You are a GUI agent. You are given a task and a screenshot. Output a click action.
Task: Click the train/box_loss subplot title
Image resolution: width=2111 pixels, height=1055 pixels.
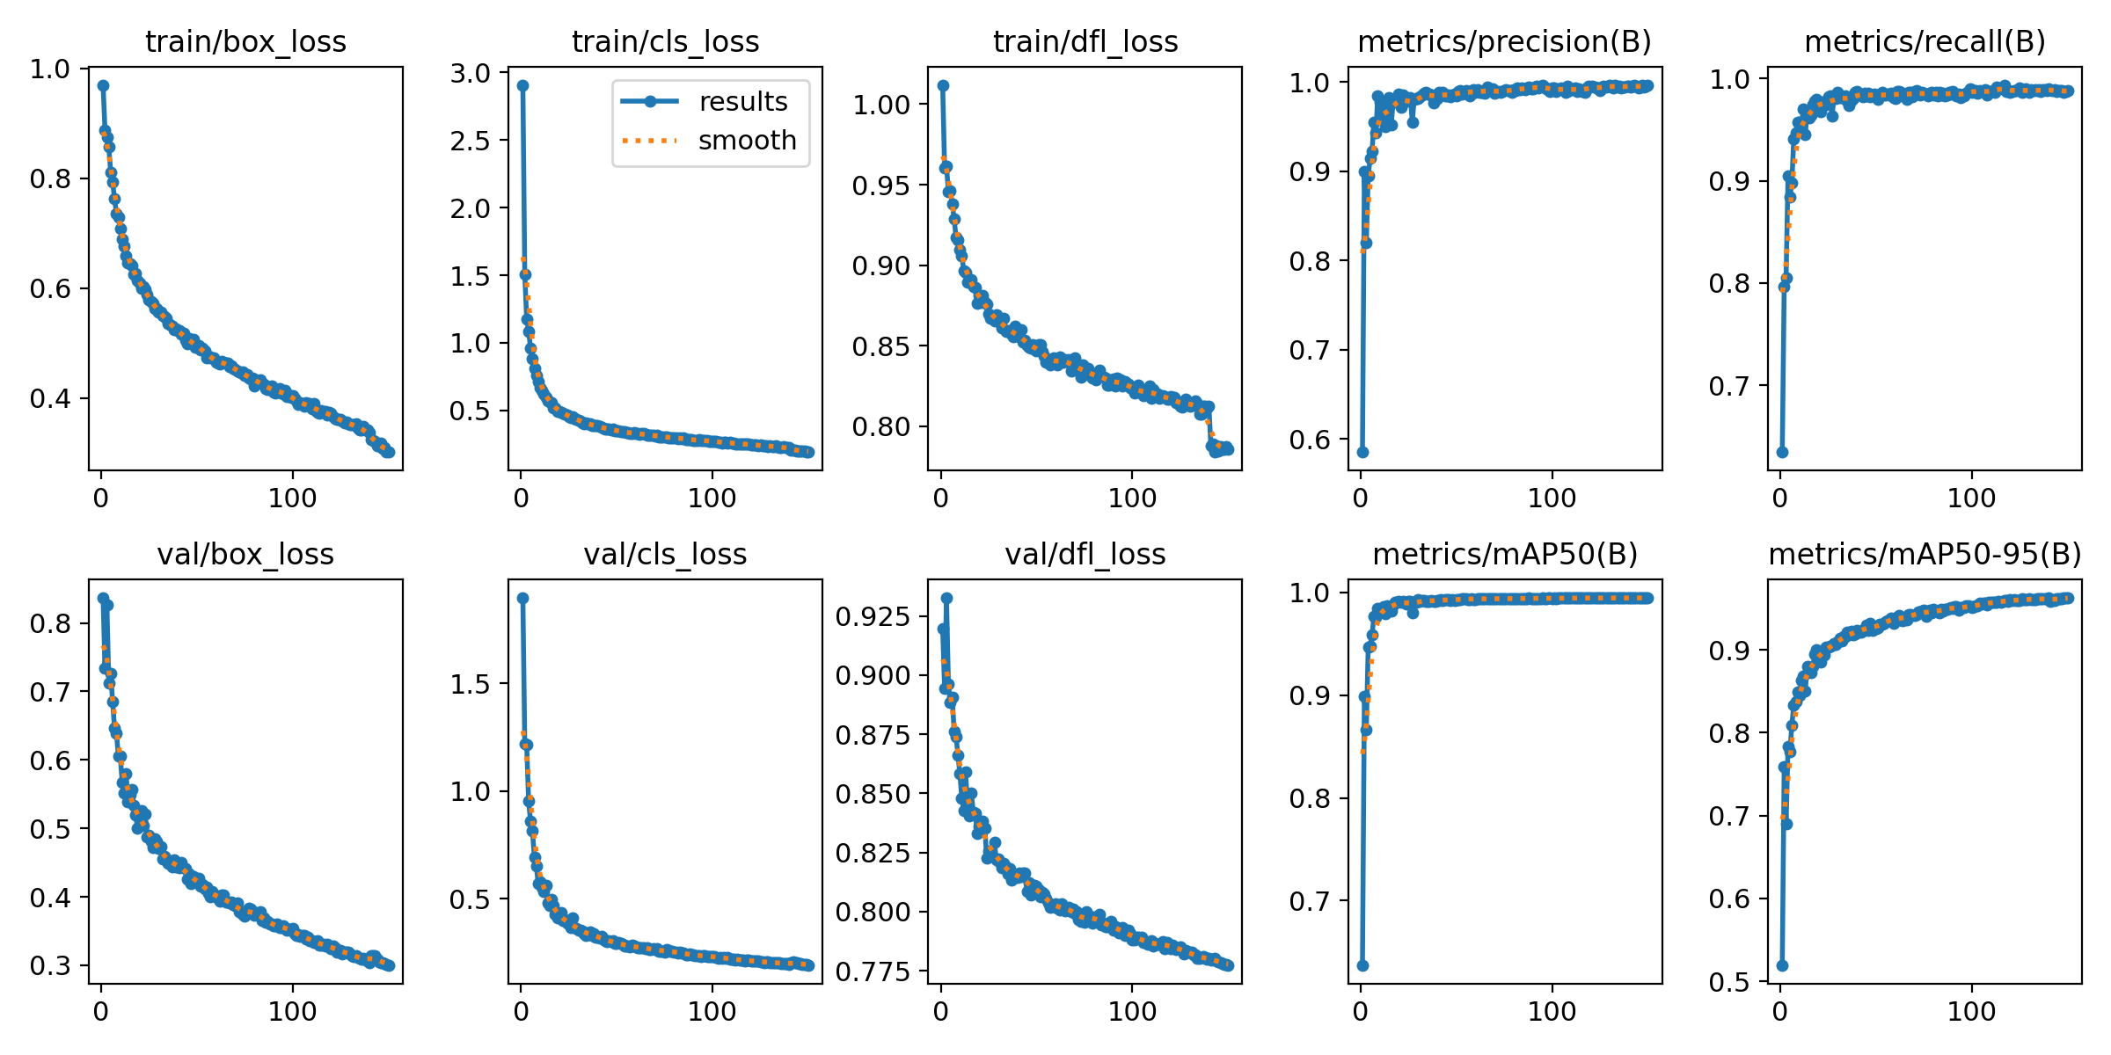[245, 41]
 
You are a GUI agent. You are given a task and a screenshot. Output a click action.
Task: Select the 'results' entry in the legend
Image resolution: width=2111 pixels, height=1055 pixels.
[743, 102]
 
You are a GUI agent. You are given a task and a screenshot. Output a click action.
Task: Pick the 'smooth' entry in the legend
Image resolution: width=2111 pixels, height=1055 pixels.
[747, 141]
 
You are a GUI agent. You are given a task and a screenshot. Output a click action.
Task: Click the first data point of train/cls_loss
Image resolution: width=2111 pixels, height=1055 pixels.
[522, 85]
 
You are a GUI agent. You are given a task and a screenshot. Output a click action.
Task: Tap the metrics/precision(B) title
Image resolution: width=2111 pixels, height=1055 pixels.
[1504, 41]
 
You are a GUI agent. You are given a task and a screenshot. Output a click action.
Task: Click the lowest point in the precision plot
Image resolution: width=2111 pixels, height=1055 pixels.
[1362, 452]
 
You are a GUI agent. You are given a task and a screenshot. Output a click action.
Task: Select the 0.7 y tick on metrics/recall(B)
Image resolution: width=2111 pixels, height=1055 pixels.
[1728, 386]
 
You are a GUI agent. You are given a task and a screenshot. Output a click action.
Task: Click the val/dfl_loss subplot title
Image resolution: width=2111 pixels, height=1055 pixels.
[1085, 555]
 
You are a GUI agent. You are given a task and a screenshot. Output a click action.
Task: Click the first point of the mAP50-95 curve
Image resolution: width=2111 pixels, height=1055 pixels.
[1782, 965]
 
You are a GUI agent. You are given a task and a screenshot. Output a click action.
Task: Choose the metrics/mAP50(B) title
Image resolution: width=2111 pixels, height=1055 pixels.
[1504, 555]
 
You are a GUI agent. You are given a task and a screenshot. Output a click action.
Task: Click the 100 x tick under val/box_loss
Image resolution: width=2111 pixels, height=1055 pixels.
[292, 1011]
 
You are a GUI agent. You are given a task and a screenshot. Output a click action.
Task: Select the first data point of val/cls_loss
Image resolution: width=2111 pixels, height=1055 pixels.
[522, 598]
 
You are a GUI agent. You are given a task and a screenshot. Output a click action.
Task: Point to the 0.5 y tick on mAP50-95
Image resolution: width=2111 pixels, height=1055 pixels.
[1728, 982]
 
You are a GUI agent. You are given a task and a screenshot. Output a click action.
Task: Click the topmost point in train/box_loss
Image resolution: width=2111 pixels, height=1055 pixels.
[103, 85]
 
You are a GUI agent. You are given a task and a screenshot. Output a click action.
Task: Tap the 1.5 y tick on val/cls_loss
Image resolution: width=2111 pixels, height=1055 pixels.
[471, 684]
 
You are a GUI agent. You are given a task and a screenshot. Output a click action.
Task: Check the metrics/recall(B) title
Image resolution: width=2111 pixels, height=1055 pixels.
[1925, 41]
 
